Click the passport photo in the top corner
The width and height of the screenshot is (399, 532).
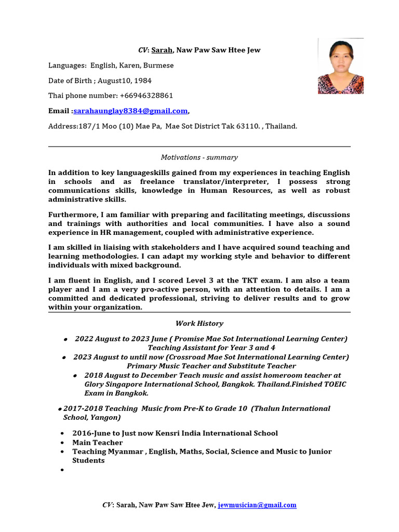tap(340, 67)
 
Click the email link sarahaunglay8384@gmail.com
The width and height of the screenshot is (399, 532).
tap(130, 111)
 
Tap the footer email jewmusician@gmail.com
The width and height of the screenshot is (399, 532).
tap(257, 504)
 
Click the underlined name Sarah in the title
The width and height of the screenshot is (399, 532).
tap(162, 50)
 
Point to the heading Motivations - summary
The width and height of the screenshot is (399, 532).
tap(199, 157)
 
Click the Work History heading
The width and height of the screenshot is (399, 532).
tap(199, 323)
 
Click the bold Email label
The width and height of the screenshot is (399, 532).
tap(59, 111)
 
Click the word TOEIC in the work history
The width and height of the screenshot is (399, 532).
tap(334, 384)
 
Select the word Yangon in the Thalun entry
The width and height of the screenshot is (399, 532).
tap(104, 417)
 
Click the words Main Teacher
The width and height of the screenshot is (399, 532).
tap(98, 442)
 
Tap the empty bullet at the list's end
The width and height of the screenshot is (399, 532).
tap(62, 470)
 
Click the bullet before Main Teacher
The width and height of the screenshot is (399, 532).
tap(62, 443)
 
